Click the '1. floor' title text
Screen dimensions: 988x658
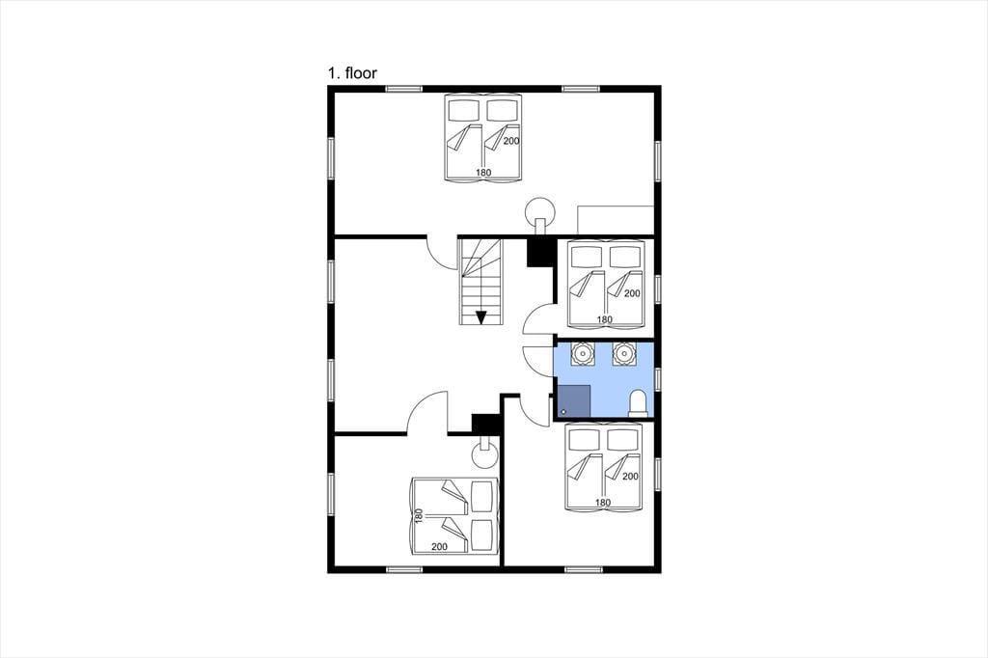point(352,73)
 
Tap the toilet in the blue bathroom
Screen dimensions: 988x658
point(639,402)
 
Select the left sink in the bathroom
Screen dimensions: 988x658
point(583,353)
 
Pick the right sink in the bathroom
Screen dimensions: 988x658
point(624,353)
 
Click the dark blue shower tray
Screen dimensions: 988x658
point(574,400)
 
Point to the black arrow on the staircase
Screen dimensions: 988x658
point(480,317)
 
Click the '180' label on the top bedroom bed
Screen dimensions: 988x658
point(483,173)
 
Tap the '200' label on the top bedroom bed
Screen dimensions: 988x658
point(511,141)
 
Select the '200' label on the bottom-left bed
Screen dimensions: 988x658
point(439,546)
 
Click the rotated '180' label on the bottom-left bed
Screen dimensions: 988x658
point(419,516)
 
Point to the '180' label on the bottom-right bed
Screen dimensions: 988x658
point(603,503)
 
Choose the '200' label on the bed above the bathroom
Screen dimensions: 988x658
point(632,293)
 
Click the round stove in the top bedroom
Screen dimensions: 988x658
point(540,212)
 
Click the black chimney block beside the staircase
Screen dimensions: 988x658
point(539,252)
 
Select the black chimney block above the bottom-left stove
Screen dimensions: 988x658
point(485,424)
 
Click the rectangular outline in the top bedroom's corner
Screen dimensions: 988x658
point(616,206)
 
